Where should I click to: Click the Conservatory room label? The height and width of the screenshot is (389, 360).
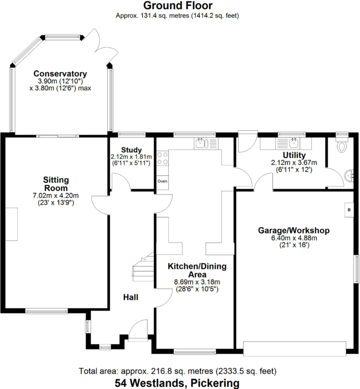click(x=60, y=74)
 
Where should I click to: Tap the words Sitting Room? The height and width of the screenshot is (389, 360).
click(x=56, y=184)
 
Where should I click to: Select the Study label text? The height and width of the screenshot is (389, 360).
click(x=131, y=149)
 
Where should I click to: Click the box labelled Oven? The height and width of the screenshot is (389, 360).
click(x=162, y=182)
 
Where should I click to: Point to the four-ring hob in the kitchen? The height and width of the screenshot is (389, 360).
click(x=163, y=160)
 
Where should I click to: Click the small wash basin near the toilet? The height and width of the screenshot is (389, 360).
click(x=350, y=174)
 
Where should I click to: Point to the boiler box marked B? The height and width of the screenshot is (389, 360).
click(x=349, y=209)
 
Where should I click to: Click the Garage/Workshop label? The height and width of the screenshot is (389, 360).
click(x=294, y=230)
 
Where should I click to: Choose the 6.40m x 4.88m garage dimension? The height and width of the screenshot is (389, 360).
click(x=294, y=238)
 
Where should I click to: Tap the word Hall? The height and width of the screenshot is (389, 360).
click(x=131, y=297)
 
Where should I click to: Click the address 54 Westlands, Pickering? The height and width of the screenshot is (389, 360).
click(x=177, y=383)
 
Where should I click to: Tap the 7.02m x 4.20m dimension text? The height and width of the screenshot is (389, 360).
click(x=56, y=196)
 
